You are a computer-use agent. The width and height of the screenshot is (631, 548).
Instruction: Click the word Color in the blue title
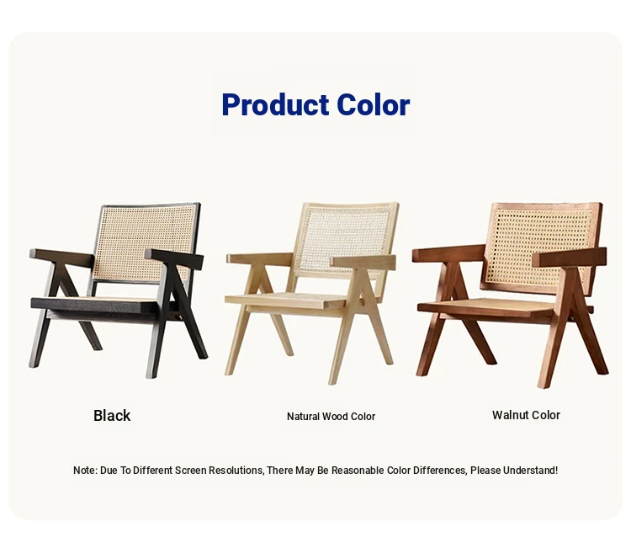coord(373,104)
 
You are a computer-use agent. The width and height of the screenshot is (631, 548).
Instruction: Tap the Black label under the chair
coord(112,416)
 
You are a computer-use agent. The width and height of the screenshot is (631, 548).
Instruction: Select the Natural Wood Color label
coord(331,417)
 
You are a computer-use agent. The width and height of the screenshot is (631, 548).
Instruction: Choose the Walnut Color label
coord(526,415)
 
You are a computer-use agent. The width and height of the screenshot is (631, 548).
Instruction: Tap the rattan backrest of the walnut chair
coord(541,246)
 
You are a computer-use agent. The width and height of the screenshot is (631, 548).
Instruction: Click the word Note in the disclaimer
coord(84,471)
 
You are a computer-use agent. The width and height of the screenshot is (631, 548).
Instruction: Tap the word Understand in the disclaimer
coord(529,471)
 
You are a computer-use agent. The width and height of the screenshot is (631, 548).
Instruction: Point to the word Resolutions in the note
coord(236,471)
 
